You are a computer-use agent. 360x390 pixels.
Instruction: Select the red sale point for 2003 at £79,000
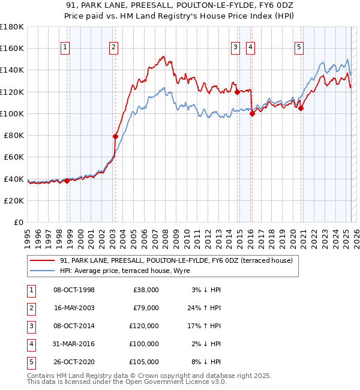tap(115, 137)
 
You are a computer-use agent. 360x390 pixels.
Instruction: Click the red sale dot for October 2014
tap(237, 92)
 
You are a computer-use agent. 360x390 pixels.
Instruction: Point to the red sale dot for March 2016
tap(252, 114)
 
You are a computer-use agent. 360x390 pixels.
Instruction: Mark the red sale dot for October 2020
tap(301, 109)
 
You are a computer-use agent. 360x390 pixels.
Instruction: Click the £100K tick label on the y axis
tap(12, 113)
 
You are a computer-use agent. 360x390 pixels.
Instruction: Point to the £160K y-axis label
tap(12, 49)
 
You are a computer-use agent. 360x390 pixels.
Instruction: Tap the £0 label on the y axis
tap(18, 222)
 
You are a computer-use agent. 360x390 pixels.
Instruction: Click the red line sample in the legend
tap(41, 260)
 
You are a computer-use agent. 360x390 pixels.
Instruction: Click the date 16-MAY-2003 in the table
tap(74, 308)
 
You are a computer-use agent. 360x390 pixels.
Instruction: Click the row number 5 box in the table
tap(30, 362)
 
